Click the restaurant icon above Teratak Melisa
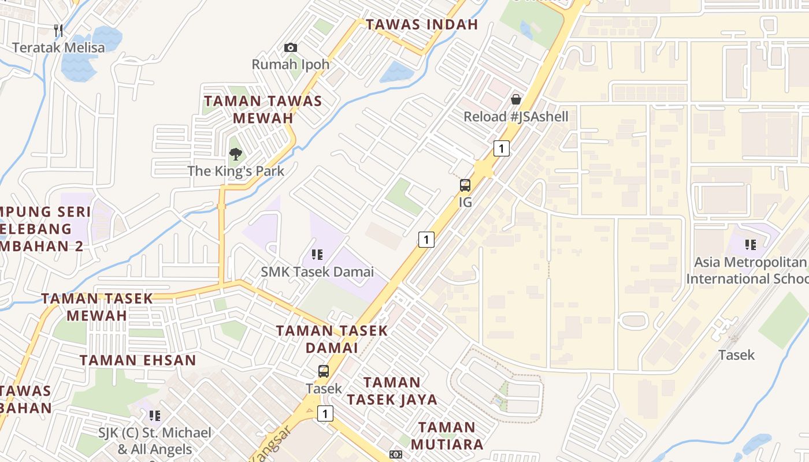point(58,30)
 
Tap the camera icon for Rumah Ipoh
point(291,47)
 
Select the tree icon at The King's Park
point(235,154)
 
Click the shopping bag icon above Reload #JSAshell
point(516,99)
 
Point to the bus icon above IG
point(465,185)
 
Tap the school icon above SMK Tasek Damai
point(317,254)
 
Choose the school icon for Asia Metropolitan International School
point(751,245)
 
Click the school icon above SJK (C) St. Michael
point(154,415)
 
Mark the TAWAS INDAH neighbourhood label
point(422,24)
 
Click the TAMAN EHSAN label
point(138,360)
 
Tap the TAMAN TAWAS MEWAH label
point(263,109)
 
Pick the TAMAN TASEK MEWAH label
point(97,307)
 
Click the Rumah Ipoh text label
point(291,64)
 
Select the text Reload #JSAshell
point(516,117)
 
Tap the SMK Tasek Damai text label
point(317,271)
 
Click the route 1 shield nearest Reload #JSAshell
point(502,148)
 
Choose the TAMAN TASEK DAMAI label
point(332,340)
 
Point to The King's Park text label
point(236,171)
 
